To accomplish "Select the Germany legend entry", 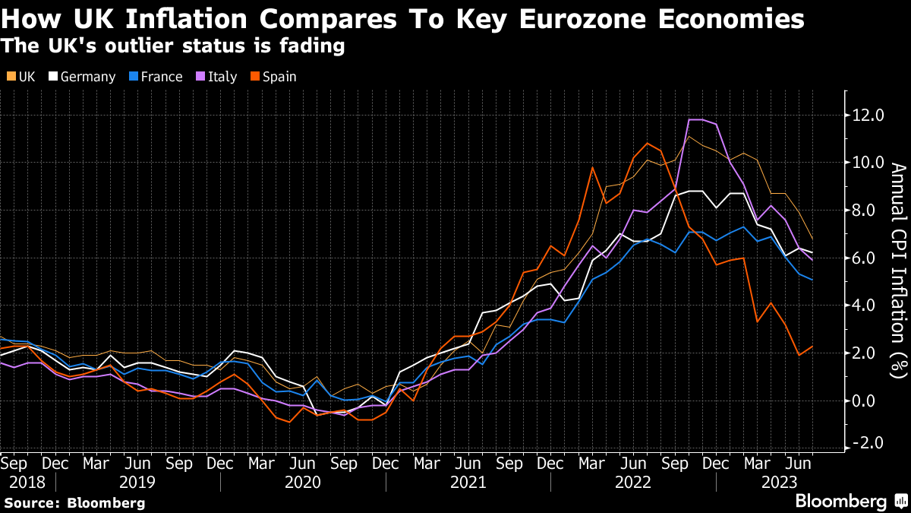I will [x=82, y=77].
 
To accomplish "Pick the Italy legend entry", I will [x=216, y=77].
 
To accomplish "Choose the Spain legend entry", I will [x=273, y=77].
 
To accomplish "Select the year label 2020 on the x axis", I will [x=303, y=482].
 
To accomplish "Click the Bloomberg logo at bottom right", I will [x=850, y=501].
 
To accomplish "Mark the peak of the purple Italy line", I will [x=695, y=119].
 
